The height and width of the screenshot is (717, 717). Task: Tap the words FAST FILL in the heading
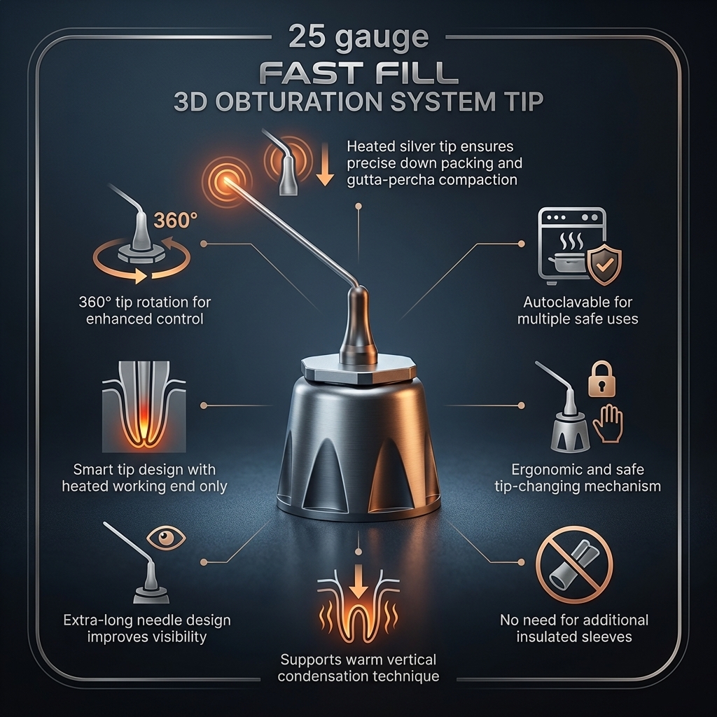point(359,72)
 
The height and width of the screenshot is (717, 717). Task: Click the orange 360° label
point(176,220)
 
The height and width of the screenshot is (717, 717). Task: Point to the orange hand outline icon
point(608,423)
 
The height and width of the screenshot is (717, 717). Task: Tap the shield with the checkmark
point(604,264)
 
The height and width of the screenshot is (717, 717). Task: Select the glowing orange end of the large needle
point(226,180)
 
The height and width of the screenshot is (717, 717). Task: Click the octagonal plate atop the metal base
point(358,368)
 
